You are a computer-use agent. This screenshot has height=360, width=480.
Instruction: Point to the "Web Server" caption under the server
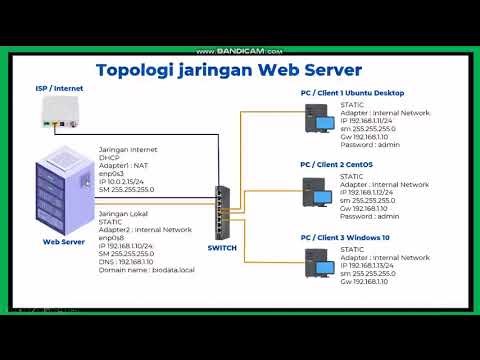point(63,241)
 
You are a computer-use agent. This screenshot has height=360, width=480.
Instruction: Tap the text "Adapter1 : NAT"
point(123,164)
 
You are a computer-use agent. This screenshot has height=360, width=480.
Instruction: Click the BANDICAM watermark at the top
point(240,51)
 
